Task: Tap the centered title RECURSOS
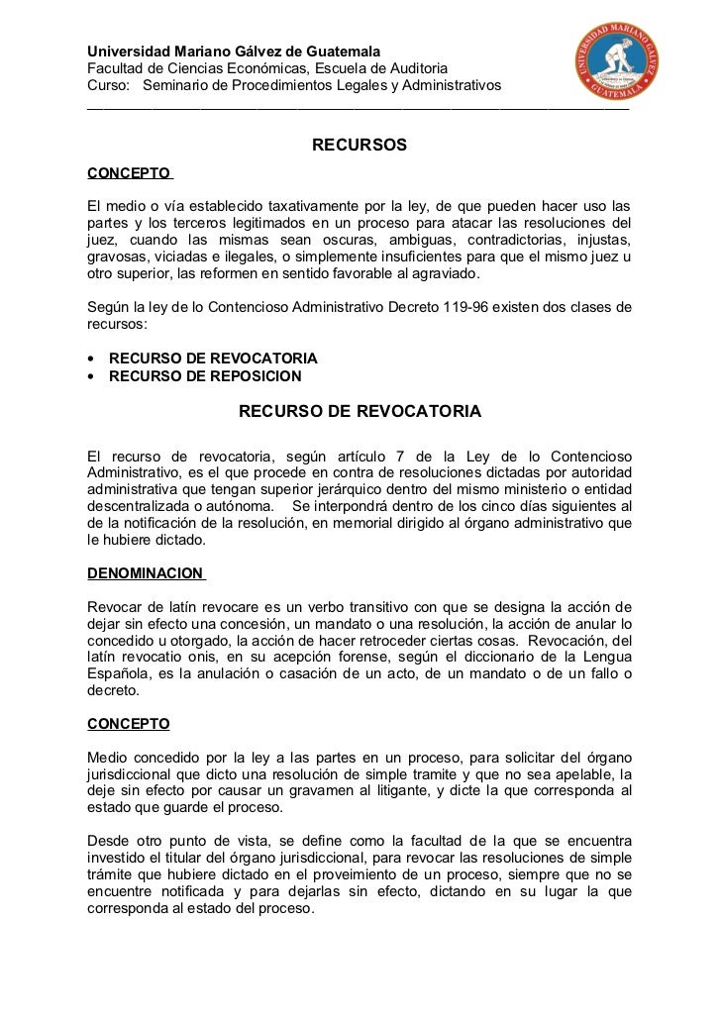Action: click(x=360, y=146)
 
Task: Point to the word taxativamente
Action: click(x=319, y=206)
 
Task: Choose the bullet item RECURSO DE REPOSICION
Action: click(x=205, y=375)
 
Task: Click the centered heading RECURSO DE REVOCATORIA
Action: click(x=360, y=410)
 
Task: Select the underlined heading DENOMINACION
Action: click(x=145, y=573)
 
